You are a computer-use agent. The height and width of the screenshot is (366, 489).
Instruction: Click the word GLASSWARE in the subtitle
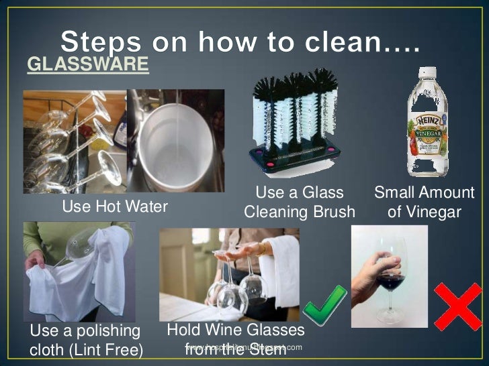(x=87, y=64)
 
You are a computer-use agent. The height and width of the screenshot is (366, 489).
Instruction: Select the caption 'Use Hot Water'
(x=115, y=207)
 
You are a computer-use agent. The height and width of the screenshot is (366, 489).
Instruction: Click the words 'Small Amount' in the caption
(x=424, y=193)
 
